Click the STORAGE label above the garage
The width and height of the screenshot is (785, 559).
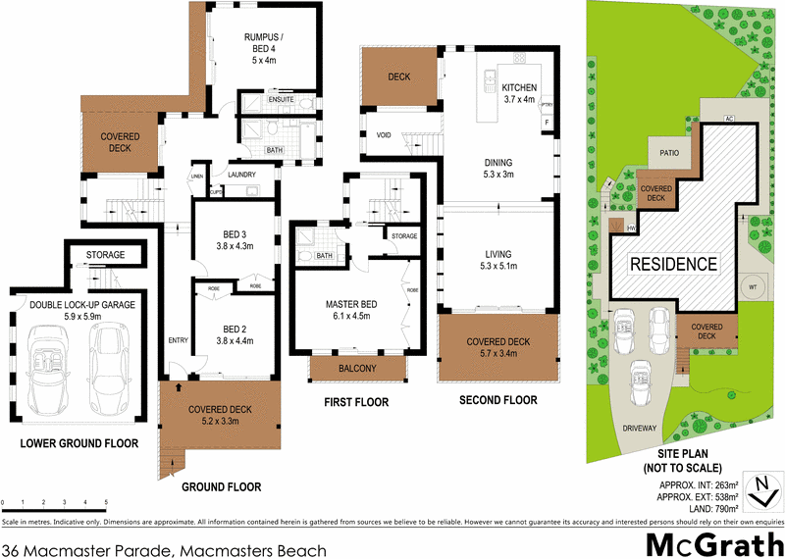tap(106, 255)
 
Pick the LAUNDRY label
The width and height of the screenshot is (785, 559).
tap(241, 175)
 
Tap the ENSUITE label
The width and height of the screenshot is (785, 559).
tap(280, 99)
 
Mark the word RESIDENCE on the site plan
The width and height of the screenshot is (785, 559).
tap(673, 264)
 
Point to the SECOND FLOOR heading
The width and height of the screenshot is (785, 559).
tap(499, 400)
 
